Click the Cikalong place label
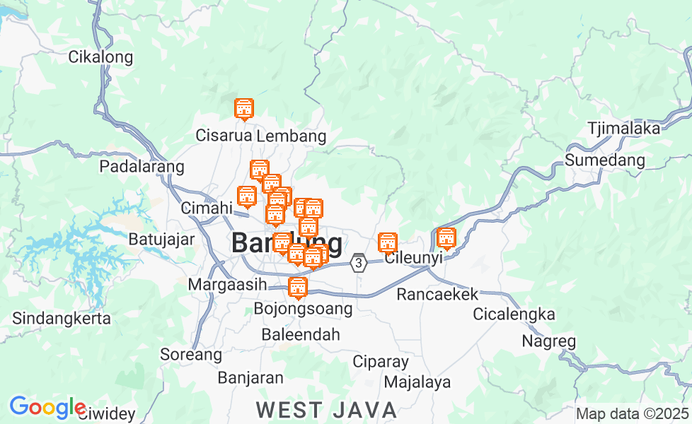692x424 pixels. tap(100, 57)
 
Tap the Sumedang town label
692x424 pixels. tap(605, 160)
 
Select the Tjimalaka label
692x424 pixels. tap(623, 129)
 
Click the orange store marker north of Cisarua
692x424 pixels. tap(243, 109)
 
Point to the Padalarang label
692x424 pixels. tap(142, 167)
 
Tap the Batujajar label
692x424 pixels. tap(161, 239)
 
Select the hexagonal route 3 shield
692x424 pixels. tap(359, 263)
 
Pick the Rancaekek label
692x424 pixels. tap(437, 294)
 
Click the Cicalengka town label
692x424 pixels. tap(514, 314)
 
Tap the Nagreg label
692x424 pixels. tap(548, 341)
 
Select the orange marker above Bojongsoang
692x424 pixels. tap(298, 287)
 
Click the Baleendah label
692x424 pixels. tap(301, 334)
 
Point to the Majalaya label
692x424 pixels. tap(417, 382)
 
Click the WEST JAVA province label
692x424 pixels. tap(326, 409)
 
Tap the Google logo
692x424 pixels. tap(47, 408)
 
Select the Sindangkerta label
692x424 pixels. tap(62, 318)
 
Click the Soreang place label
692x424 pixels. tap(191, 353)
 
